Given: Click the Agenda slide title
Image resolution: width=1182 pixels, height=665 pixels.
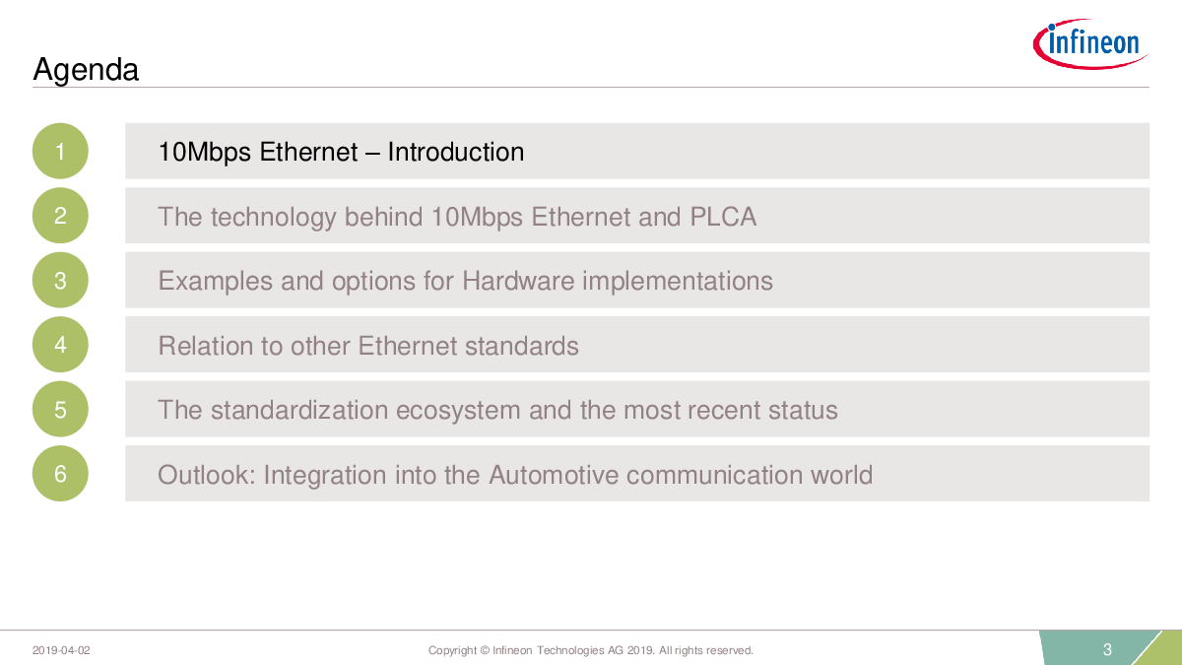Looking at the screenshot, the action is [x=86, y=70].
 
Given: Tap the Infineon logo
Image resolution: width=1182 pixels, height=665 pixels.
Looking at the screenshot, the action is [x=1090, y=43].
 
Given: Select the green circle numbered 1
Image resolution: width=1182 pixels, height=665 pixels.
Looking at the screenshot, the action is [x=60, y=151].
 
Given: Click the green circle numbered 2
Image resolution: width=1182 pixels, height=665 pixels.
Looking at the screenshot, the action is [x=60, y=216].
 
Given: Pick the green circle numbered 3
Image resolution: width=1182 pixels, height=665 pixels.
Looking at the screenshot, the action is [x=60, y=280].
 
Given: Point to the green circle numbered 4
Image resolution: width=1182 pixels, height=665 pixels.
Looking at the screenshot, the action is [x=60, y=345].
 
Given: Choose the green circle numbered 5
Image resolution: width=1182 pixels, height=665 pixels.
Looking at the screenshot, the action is [x=60, y=409].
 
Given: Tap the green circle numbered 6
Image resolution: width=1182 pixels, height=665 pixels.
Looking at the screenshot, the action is [x=60, y=474].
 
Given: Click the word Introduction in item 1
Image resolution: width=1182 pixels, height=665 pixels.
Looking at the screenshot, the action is [x=456, y=152].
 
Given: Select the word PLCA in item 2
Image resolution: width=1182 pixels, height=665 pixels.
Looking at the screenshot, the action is [x=723, y=217].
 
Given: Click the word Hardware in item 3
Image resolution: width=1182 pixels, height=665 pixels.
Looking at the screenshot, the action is [x=518, y=281].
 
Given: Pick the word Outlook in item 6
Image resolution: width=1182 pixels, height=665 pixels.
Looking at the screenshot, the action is [x=207, y=475].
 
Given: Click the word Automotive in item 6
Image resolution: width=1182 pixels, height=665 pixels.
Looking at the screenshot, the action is [x=554, y=475].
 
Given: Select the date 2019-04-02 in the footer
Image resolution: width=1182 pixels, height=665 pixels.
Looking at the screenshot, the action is [x=61, y=650].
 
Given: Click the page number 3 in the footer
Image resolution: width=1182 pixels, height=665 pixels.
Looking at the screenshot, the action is [x=1107, y=649].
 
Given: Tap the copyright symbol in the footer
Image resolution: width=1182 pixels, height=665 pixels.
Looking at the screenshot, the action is [x=485, y=650].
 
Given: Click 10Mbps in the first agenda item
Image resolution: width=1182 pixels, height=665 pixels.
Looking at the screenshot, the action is [x=205, y=153].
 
